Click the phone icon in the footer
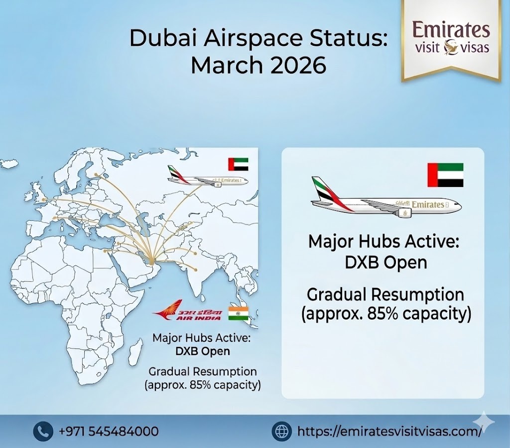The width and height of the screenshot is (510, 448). tap(43, 431)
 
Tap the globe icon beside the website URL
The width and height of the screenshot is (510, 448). tap(282, 431)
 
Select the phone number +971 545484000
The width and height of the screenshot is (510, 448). tap(109, 431)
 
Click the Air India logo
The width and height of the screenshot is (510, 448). tap(187, 314)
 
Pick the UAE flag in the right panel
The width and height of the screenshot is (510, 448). tap(445, 175)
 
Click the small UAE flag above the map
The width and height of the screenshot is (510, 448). tap(238, 164)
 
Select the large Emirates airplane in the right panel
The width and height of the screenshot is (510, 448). tap(386, 199)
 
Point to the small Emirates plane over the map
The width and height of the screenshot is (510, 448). tap(207, 178)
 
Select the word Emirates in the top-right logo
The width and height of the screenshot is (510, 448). tap(451, 30)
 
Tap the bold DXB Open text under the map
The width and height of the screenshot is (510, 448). tap(203, 351)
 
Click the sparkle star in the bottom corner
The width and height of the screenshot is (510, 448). tap(484, 424)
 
